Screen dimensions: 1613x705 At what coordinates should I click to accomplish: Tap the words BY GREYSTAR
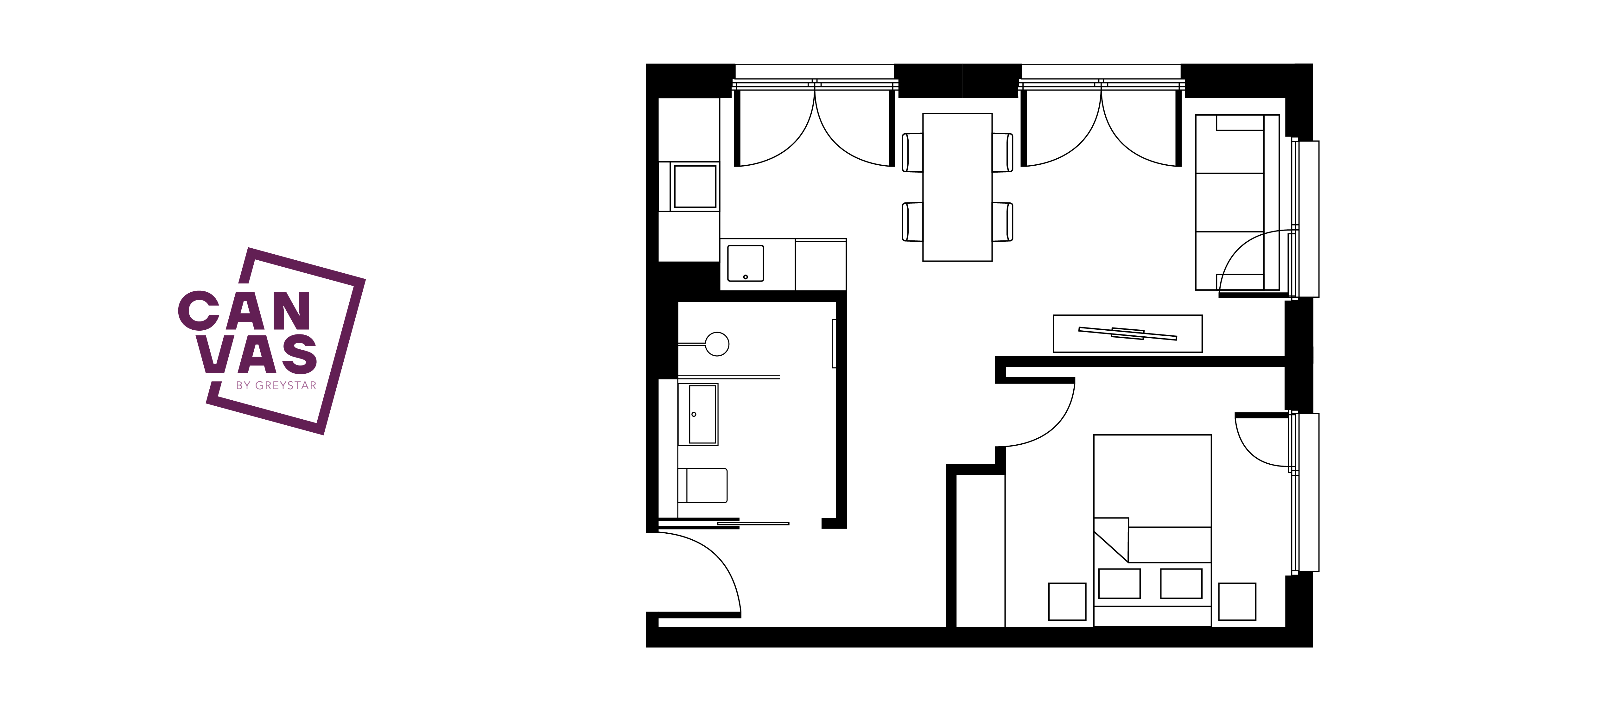276,386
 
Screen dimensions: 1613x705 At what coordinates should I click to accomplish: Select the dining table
957,187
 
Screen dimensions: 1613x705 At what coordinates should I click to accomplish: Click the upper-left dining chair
912,152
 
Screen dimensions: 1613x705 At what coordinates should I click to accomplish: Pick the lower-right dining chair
1002,222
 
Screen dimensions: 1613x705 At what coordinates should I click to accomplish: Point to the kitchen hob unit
695,187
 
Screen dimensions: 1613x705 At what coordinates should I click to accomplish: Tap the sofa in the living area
1237,202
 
